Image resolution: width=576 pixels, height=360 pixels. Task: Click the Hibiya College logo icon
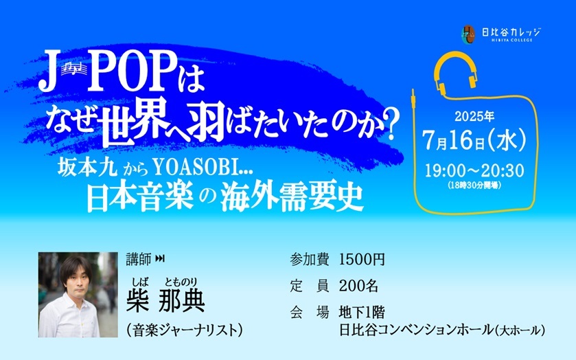(468, 34)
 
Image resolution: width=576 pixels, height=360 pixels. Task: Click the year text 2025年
(474, 117)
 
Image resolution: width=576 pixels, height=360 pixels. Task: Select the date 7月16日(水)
(474, 140)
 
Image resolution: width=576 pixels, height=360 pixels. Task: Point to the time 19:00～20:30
(474, 170)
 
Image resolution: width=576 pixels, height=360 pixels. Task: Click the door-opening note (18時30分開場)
(474, 185)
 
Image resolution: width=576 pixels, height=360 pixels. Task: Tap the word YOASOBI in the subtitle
(197, 168)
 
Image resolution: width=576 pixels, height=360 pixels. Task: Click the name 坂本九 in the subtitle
(87, 169)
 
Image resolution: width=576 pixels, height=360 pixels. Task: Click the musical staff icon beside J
(74, 69)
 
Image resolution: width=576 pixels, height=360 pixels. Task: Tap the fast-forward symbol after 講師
(160, 259)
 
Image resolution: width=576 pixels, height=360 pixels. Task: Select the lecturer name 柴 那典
(165, 300)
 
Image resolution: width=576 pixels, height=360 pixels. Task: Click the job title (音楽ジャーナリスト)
(185, 330)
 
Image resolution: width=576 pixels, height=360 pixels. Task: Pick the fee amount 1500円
(362, 260)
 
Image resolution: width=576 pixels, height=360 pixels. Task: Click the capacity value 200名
(358, 286)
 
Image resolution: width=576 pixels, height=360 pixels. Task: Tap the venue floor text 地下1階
(362, 312)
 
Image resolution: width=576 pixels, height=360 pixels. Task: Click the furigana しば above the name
(141, 282)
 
